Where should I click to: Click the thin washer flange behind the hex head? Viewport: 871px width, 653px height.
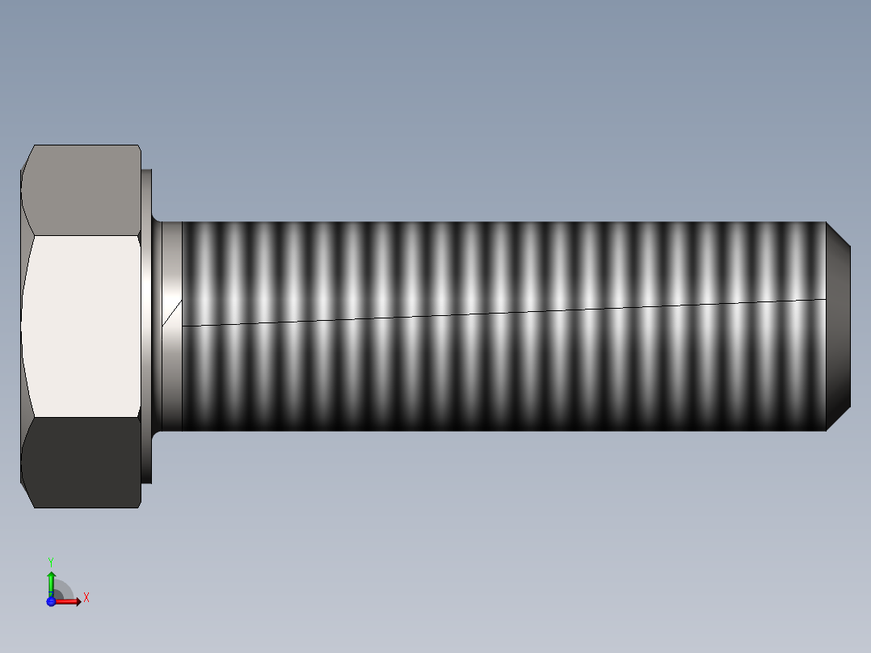click(147, 326)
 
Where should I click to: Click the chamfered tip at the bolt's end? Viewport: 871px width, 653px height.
click(839, 326)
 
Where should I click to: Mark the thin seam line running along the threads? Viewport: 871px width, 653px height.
click(501, 313)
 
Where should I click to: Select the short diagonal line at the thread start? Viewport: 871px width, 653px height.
click(171, 314)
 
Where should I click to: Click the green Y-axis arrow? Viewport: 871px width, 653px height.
click(51, 580)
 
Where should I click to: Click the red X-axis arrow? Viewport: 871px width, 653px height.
click(70, 601)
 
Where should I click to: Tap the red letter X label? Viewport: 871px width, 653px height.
click(86, 598)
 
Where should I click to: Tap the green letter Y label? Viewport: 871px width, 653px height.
click(51, 562)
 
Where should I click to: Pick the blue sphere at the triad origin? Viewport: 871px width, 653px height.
click(51, 601)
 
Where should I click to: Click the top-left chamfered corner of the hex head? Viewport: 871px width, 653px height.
click(27, 158)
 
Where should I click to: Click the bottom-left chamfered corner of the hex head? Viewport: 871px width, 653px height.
click(27, 495)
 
